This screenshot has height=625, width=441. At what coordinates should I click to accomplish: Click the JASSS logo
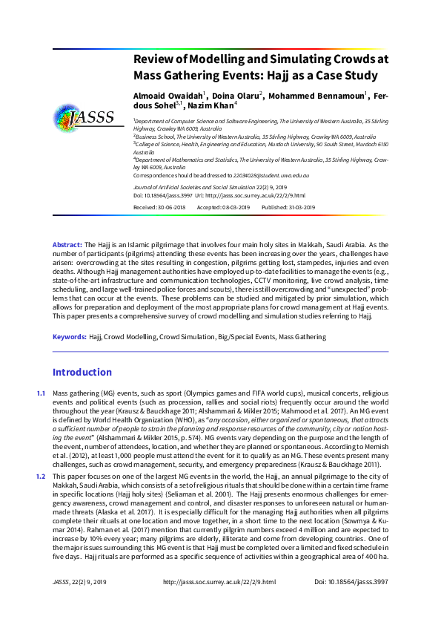coord(82,117)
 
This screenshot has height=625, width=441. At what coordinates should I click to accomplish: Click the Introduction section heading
coord(82,372)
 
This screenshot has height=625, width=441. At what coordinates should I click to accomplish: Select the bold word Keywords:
coord(70,337)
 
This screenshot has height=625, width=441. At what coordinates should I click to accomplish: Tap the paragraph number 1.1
coord(41,393)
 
